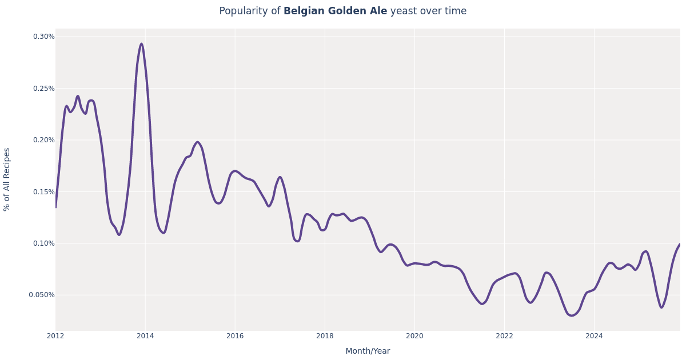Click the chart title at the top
pyautogui.click(x=342, y=11)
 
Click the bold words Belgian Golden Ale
pyautogui.click(x=335, y=11)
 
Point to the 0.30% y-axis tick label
pyautogui.click(x=43, y=37)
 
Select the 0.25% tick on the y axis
pyautogui.click(x=43, y=89)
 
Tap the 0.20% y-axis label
pyautogui.click(x=43, y=140)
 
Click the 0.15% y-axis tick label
pyautogui.click(x=43, y=192)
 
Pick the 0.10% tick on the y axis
pyautogui.click(x=43, y=243)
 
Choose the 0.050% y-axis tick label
pyautogui.click(x=42, y=295)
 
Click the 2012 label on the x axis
pyautogui.click(x=55, y=336)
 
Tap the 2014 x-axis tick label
pyautogui.click(x=145, y=336)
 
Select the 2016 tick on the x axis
pyautogui.click(x=235, y=336)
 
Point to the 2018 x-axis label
pyautogui.click(x=325, y=336)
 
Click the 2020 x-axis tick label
pyautogui.click(x=414, y=336)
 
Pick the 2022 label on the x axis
pyautogui.click(x=504, y=336)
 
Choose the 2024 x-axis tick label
pyautogui.click(x=594, y=336)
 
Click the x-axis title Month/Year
pyautogui.click(x=368, y=351)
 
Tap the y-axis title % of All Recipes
pyautogui.click(x=7, y=179)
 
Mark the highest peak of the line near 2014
pyautogui.click(x=141, y=44)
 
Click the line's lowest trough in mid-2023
pyautogui.click(x=571, y=315)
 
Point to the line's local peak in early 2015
pyautogui.click(x=197, y=142)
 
